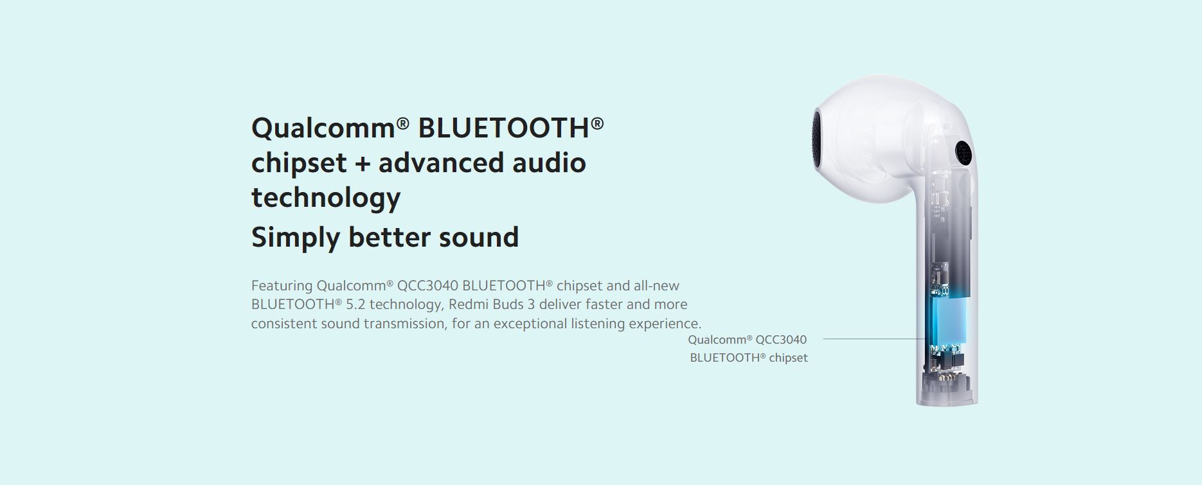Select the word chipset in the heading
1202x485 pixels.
coord(299,163)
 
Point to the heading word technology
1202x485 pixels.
coord(326,198)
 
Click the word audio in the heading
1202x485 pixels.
coord(549,163)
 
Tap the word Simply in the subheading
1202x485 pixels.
coord(295,238)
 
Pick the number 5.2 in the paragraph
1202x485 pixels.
coord(355,304)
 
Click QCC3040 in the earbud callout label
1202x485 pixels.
coord(781,339)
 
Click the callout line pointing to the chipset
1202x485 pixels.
coord(874,339)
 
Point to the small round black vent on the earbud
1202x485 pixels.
coord(962,152)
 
